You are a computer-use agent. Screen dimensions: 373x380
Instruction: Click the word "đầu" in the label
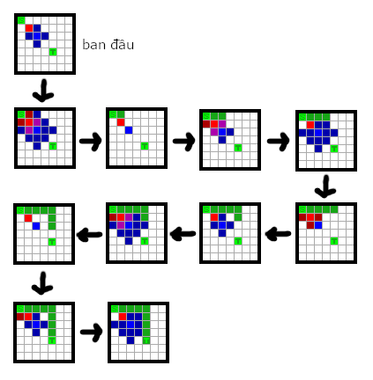click(122, 45)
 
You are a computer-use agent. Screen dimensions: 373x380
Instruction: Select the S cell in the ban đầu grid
click(21, 20)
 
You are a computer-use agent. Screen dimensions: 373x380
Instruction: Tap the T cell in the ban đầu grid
click(53, 52)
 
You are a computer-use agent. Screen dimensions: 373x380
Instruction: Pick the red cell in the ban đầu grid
click(29, 28)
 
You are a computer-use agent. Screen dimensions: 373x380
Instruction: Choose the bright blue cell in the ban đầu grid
click(37, 36)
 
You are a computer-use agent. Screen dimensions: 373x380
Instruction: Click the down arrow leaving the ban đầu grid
click(43, 91)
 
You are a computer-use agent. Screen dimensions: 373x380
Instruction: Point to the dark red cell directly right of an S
click(29, 114)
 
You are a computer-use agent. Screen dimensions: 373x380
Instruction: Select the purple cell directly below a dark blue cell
click(37, 122)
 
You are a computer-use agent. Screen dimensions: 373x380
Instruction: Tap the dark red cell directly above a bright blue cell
click(318, 217)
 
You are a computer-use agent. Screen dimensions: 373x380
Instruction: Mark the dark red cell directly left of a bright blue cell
click(310, 225)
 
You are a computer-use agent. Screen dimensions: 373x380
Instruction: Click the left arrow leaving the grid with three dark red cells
click(278, 234)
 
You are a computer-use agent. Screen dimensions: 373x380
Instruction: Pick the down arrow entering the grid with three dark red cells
click(325, 186)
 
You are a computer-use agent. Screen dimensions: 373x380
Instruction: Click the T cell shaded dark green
click(146, 340)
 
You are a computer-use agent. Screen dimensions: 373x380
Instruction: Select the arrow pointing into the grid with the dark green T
click(92, 332)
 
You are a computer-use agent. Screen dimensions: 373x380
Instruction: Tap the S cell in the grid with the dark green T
click(115, 309)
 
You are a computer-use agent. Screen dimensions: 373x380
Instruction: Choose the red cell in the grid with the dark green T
click(123, 317)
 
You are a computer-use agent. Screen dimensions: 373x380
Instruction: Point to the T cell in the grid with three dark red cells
click(334, 241)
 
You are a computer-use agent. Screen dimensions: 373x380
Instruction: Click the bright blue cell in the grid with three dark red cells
click(318, 225)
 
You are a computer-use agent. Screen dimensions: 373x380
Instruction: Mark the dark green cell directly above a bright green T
click(52, 332)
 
